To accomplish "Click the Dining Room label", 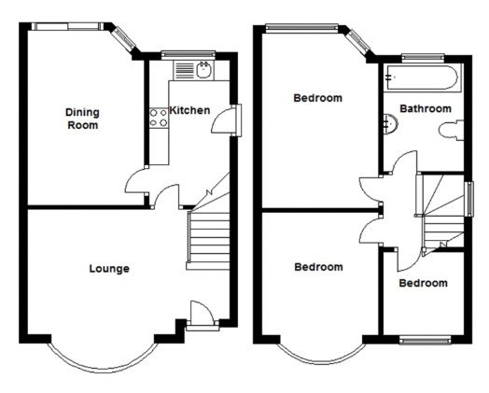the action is [82, 119].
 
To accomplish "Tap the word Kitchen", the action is [189, 110].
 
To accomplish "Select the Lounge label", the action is [109, 269].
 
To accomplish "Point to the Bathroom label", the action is [426, 108].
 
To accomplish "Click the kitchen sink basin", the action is [204, 70].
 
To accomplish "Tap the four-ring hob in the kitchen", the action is [159, 118].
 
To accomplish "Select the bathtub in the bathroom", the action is [422, 78].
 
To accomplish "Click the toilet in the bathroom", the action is [451, 130].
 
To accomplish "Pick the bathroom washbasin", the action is [390, 124].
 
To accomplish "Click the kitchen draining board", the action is [185, 71].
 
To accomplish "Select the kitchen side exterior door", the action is [226, 120].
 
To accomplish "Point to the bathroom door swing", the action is [404, 162].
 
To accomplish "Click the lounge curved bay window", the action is [103, 362].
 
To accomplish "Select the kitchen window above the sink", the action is [189, 55].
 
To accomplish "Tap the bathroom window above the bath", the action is [423, 58].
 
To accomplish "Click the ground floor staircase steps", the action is [208, 241].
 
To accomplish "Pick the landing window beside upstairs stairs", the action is [469, 199].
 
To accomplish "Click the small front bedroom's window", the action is [425, 340].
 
